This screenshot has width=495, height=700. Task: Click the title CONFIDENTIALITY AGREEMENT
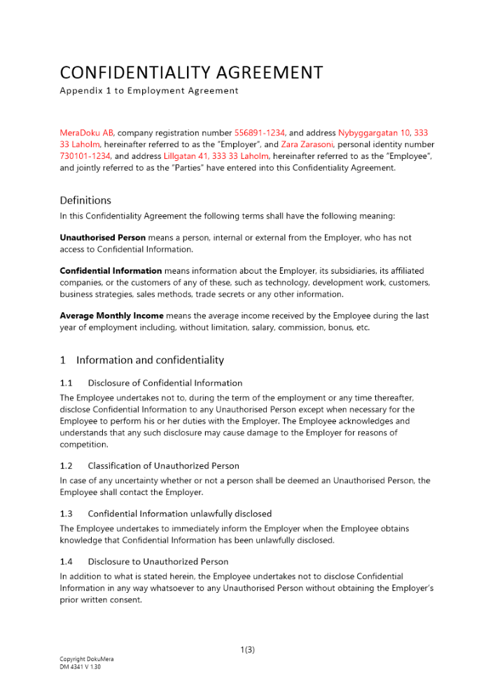click(191, 73)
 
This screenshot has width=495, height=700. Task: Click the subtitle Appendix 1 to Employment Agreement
click(148, 90)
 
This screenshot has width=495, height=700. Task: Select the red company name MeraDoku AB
click(86, 132)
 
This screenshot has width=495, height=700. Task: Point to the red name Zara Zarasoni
click(308, 144)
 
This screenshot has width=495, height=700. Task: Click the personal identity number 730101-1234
click(85, 156)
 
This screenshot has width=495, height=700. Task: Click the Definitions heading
click(85, 200)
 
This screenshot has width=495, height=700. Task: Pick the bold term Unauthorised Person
click(102, 238)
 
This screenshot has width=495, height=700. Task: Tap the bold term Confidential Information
click(111, 270)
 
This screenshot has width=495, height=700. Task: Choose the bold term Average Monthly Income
click(111, 316)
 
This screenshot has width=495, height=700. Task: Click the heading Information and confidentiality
click(150, 360)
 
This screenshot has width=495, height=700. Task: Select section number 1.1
click(67, 383)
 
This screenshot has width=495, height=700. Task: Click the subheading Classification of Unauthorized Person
click(163, 465)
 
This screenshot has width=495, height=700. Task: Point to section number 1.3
click(67, 514)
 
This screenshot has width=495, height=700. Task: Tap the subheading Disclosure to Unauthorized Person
click(158, 561)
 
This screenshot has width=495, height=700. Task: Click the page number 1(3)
click(247, 650)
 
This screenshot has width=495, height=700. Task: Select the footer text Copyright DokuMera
click(86, 659)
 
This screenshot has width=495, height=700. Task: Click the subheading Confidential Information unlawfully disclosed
click(179, 514)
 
